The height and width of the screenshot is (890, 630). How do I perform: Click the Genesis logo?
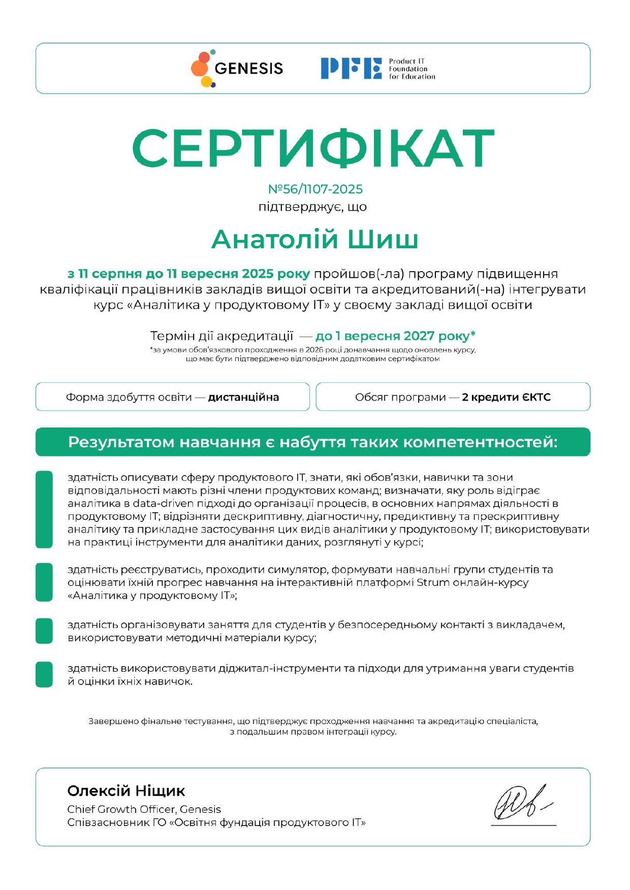click(x=237, y=69)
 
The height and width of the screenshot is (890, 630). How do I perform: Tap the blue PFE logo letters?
click(x=351, y=69)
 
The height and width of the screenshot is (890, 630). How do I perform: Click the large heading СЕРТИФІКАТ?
click(x=313, y=148)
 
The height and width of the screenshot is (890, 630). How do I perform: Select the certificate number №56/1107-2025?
click(x=315, y=189)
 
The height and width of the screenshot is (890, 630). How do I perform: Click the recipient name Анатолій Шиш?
click(x=314, y=240)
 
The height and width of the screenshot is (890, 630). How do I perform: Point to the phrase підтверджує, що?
click(x=312, y=207)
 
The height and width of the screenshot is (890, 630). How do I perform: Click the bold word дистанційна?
click(x=243, y=397)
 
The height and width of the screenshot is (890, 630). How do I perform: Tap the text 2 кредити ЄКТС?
click(x=506, y=397)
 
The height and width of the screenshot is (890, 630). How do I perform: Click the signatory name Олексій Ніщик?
click(x=126, y=790)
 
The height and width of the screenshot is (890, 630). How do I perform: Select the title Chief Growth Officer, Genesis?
click(x=144, y=809)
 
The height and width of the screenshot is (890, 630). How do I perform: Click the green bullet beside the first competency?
click(x=44, y=509)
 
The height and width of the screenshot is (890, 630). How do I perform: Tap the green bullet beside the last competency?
click(x=44, y=674)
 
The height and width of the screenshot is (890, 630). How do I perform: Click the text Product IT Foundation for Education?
click(x=412, y=69)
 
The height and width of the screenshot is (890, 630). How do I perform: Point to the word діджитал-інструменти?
click(x=280, y=668)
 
